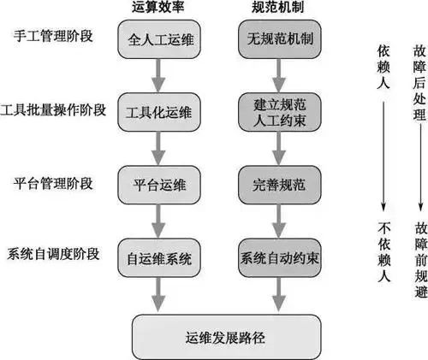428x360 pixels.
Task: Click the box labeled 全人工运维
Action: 160,41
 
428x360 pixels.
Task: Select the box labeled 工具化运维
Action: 160,113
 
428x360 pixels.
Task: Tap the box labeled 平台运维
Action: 160,183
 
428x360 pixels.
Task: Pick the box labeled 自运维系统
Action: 160,256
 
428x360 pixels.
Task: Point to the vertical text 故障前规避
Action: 421,265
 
